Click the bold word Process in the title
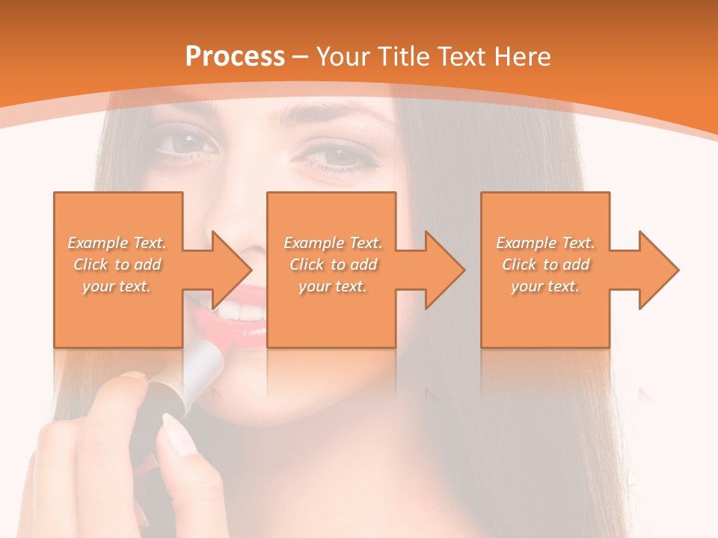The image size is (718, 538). [x=235, y=57]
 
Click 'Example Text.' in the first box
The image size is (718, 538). [x=117, y=243]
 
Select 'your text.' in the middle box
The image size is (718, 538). [x=332, y=286]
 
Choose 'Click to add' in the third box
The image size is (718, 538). [x=545, y=265]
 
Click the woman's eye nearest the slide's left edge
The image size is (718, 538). [x=186, y=140]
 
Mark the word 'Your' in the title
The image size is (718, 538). [x=341, y=57]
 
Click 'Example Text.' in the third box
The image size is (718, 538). [x=545, y=243]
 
